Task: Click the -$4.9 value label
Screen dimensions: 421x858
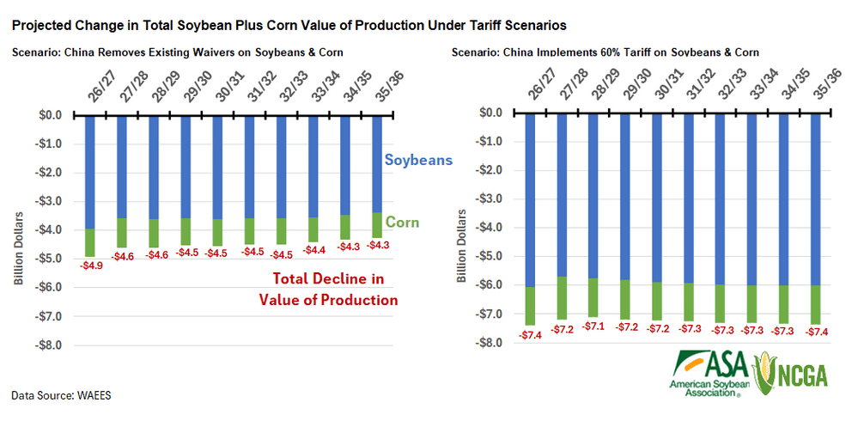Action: click(92, 265)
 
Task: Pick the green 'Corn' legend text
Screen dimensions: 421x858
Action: click(401, 223)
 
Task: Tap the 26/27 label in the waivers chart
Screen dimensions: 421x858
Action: click(93, 89)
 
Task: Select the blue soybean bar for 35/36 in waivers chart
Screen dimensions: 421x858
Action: click(378, 163)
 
